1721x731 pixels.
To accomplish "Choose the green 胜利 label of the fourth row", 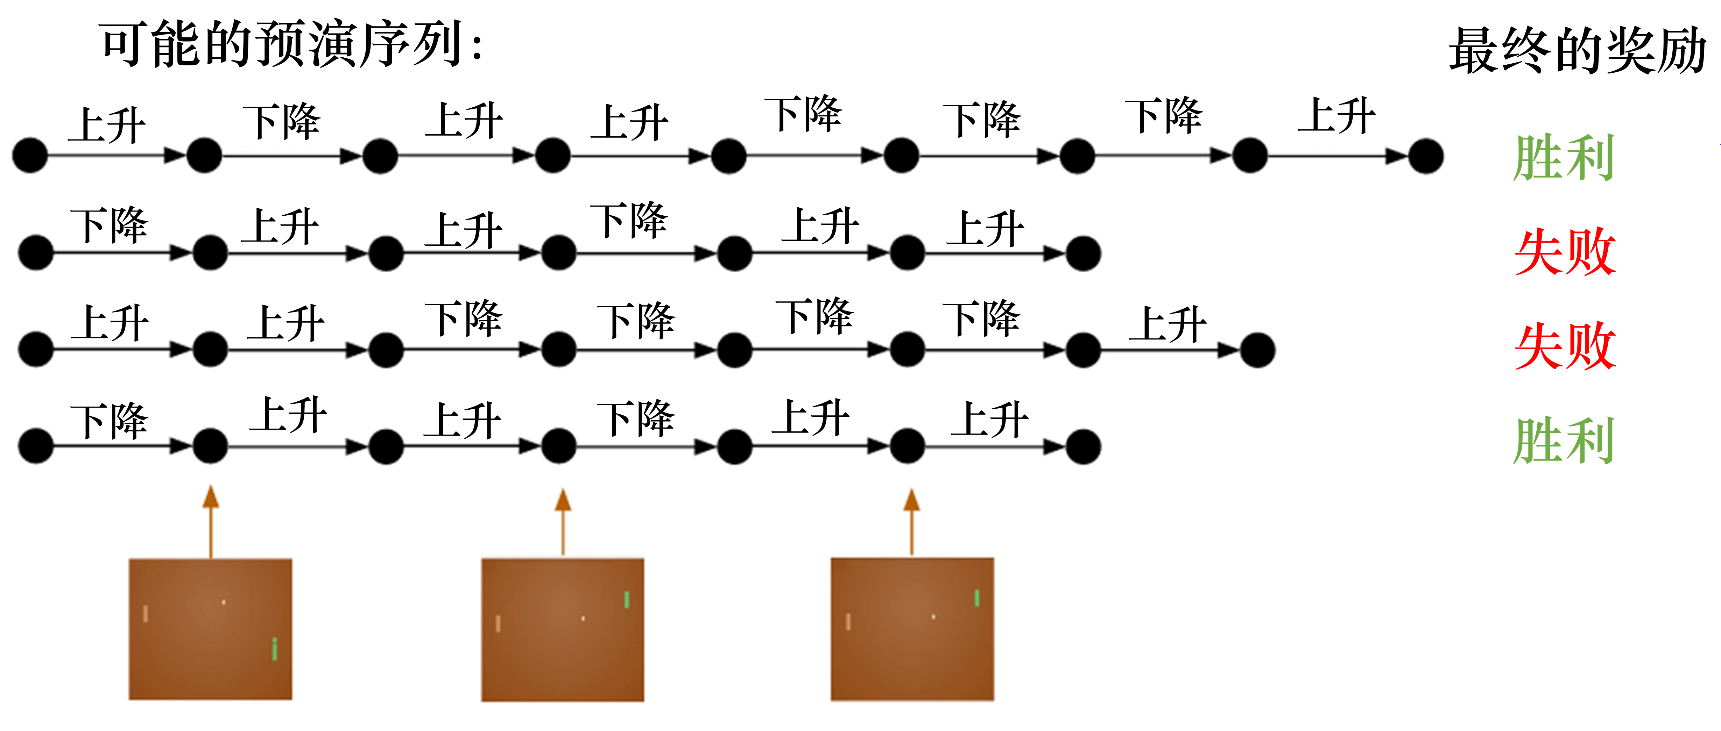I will (x=1563, y=440).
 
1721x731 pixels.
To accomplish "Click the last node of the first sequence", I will (x=1426, y=156).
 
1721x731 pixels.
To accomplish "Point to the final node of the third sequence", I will (x=1257, y=350).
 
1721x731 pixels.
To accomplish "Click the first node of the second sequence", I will (x=36, y=253).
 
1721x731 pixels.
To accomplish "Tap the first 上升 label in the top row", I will (x=107, y=125).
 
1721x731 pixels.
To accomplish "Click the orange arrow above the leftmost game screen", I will (x=211, y=521).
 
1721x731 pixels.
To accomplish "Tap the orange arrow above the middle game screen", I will (x=563, y=521).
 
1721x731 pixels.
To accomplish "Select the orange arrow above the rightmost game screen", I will (x=912, y=521).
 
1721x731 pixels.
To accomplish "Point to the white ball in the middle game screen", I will (x=583, y=618).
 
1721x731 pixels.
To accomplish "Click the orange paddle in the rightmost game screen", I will (x=848, y=622).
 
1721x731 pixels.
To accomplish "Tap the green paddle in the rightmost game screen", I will (x=977, y=597).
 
